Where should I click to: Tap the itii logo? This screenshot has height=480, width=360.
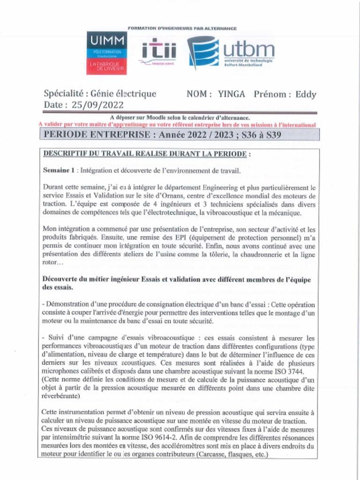pyautogui.click(x=159, y=52)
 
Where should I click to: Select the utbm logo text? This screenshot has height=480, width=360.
pyautogui.click(x=248, y=48)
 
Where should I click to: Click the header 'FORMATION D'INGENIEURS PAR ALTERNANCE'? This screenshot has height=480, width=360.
pyautogui.click(x=182, y=29)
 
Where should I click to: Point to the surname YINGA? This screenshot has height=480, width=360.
pyautogui.click(x=232, y=94)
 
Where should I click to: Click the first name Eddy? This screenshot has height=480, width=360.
pyautogui.click(x=306, y=94)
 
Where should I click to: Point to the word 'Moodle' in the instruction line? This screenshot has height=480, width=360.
pyautogui.click(x=153, y=118)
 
